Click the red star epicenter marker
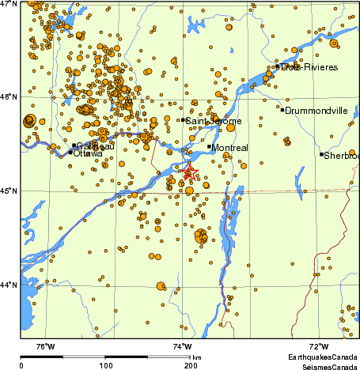[x=190, y=172]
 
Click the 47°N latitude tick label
[x=9, y=4]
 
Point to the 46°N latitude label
[x=9, y=96]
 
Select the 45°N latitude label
[x=9, y=191]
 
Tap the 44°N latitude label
[x=9, y=285]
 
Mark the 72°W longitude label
[x=319, y=346]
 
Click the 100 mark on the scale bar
[x=105, y=366]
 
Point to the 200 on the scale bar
[x=191, y=366]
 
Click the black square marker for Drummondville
[x=282, y=109]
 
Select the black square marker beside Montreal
[x=210, y=146]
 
